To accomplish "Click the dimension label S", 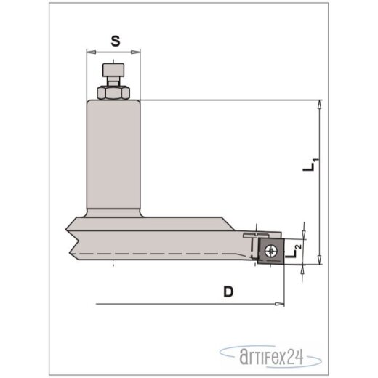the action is point(116,41).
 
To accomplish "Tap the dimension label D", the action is point(228,291).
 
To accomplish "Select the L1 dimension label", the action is point(310,165).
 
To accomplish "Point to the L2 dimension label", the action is point(294,252).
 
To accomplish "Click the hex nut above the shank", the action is point(113,92).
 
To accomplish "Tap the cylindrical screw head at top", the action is point(113,70).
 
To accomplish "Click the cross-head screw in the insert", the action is point(270,251).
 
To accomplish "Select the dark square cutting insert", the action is point(271,252).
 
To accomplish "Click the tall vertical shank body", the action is point(113,154).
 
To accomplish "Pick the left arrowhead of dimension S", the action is point(91,52).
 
